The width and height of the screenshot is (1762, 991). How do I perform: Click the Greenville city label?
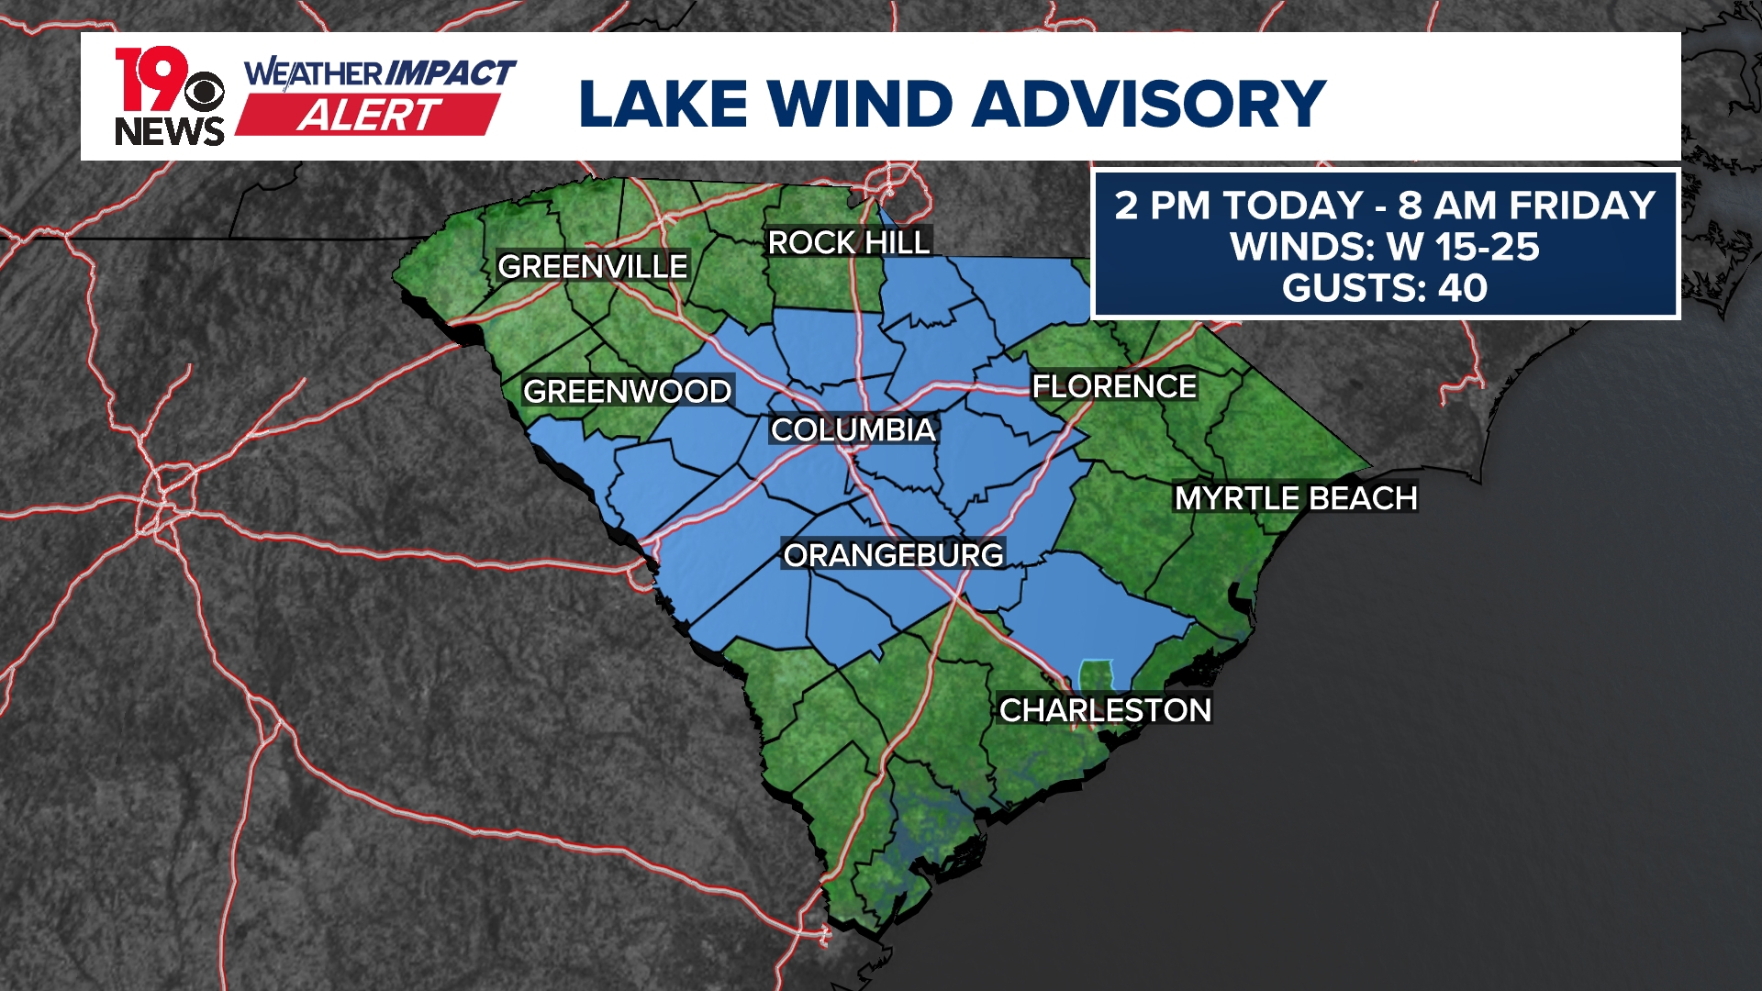[x=592, y=266]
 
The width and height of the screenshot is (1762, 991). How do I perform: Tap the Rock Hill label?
[x=848, y=242]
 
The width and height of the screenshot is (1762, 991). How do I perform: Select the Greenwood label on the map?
[x=627, y=391]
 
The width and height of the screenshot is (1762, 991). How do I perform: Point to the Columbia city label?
[x=853, y=429]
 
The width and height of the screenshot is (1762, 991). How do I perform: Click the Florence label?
[x=1114, y=386]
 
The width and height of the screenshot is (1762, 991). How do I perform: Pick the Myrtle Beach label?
[x=1296, y=498]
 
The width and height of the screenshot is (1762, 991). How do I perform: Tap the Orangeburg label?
[x=893, y=555]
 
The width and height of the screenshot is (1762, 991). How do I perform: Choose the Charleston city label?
[x=1105, y=709]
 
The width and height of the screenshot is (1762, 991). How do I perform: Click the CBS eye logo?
[x=204, y=93]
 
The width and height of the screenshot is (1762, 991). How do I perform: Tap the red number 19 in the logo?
[x=147, y=78]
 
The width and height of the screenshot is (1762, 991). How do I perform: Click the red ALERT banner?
[x=369, y=116]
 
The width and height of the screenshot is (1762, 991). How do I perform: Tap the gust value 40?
[x=1463, y=288]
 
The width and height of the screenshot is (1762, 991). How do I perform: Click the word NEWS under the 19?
[x=170, y=132]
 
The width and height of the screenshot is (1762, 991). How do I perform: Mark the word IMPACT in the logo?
[x=449, y=72]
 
